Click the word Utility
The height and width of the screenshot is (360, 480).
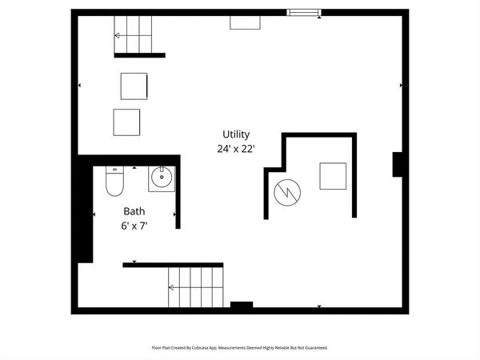(237, 134)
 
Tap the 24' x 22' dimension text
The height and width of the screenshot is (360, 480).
(237, 148)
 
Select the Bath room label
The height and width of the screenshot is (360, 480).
(134, 212)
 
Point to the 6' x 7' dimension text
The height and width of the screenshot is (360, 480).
(134, 226)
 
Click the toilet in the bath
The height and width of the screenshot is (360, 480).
(114, 183)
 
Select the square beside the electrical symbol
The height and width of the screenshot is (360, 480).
(333, 176)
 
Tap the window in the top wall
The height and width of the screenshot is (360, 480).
(303, 12)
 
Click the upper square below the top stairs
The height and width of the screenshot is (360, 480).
(134, 85)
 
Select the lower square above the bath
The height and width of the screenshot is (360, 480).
(126, 121)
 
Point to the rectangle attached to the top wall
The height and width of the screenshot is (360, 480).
(245, 22)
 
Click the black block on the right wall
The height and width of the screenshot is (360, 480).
(398, 164)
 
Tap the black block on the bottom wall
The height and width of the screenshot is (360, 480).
(242, 305)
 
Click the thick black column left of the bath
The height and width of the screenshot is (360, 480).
(84, 210)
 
